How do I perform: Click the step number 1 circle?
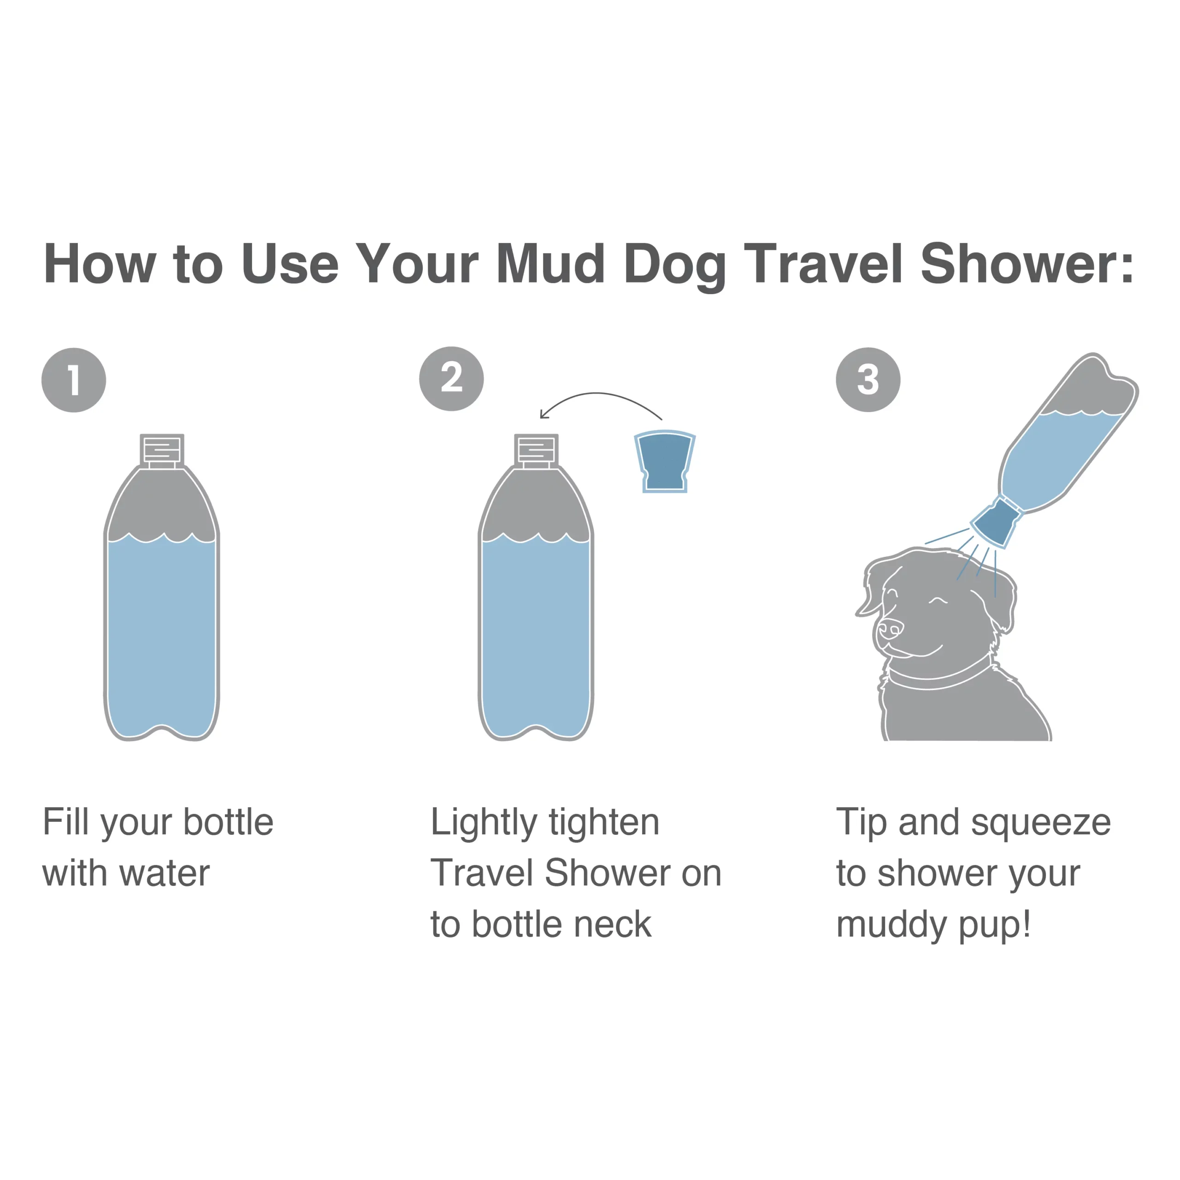(74, 380)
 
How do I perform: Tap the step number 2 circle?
(451, 379)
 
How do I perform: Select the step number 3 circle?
(868, 379)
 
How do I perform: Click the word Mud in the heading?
(550, 264)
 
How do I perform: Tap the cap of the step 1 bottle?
(162, 450)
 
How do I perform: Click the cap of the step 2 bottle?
(536, 450)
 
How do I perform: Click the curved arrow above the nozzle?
(599, 396)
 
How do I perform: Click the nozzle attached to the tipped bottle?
(995, 523)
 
